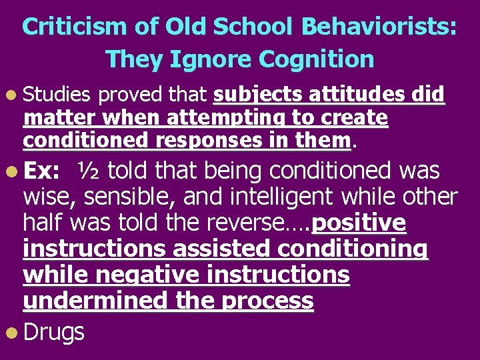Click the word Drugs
pos(54,331)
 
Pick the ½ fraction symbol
pos(89,171)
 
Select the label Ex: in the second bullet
pos(40,171)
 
